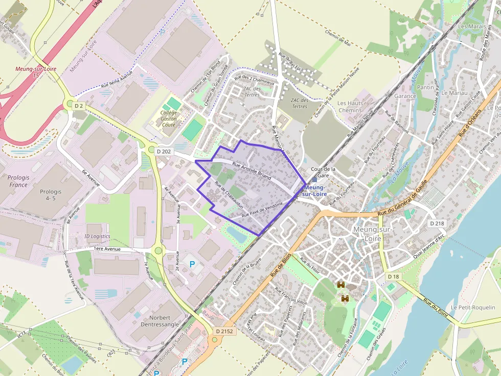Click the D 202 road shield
click(164, 151)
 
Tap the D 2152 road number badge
click(224, 331)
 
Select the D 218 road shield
click(437, 223)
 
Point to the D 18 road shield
click(393, 276)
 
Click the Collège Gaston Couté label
click(169, 119)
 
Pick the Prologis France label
click(18, 181)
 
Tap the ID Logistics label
click(97, 236)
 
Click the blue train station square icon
click(314, 179)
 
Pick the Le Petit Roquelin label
click(476, 307)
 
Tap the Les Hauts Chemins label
click(350, 107)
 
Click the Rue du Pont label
click(435, 308)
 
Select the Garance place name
click(405, 96)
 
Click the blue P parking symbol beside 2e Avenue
click(192, 264)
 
